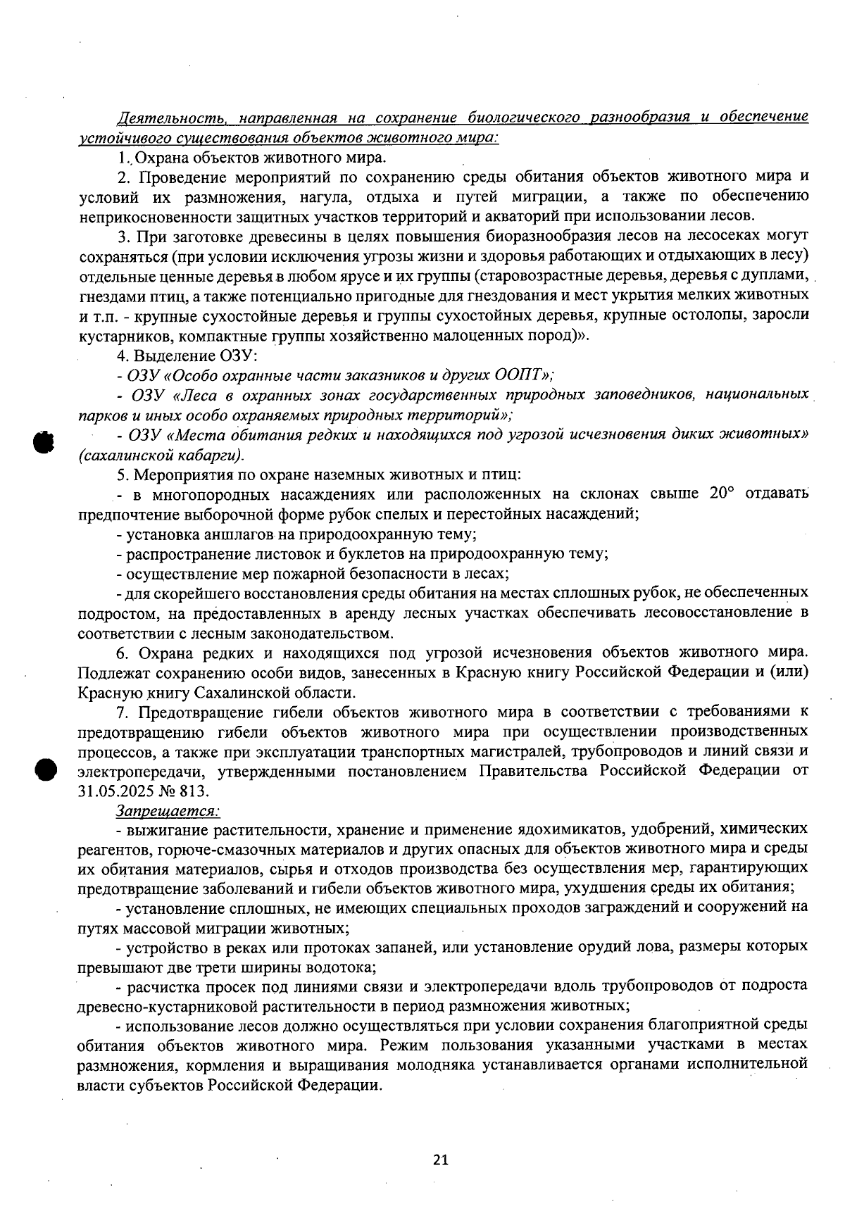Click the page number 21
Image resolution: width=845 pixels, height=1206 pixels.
(441, 1160)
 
